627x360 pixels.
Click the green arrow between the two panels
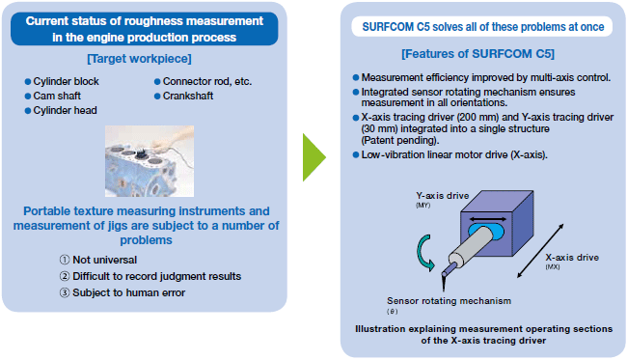point(313,157)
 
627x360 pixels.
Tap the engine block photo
point(150,161)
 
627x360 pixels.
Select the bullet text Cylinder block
point(66,82)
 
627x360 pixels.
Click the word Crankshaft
point(188,96)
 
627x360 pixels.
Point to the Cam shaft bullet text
point(57,96)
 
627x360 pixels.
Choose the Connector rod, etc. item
point(207,82)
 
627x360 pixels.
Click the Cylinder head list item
point(65,110)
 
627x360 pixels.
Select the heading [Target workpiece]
point(139,59)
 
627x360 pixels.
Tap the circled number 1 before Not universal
point(65,260)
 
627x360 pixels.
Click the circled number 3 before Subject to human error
point(65,292)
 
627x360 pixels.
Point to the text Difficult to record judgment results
point(156,276)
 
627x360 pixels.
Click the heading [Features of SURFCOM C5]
point(477,54)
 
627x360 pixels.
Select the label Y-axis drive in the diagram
point(442,196)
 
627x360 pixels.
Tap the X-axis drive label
point(572,258)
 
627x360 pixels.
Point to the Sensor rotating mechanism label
point(450,301)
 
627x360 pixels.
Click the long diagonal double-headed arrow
point(540,251)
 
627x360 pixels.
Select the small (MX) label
point(553,266)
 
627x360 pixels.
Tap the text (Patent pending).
point(400,140)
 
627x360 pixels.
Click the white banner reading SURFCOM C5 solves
point(482,27)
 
